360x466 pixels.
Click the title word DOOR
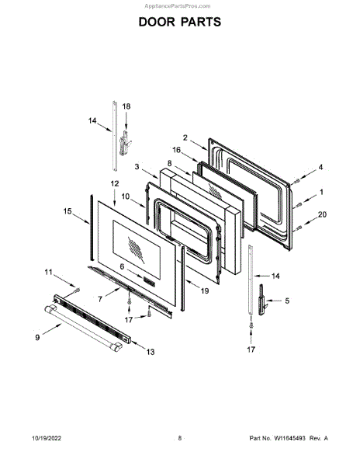(x=158, y=22)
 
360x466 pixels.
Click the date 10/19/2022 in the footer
(x=47, y=438)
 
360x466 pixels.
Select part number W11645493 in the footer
(x=289, y=438)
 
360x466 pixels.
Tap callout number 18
(x=126, y=106)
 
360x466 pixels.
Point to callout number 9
(x=37, y=337)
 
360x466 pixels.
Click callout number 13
(x=151, y=352)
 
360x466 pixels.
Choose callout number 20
(x=322, y=214)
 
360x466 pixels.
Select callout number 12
(x=115, y=183)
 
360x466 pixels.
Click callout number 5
(x=287, y=301)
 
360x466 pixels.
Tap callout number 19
(x=205, y=290)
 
